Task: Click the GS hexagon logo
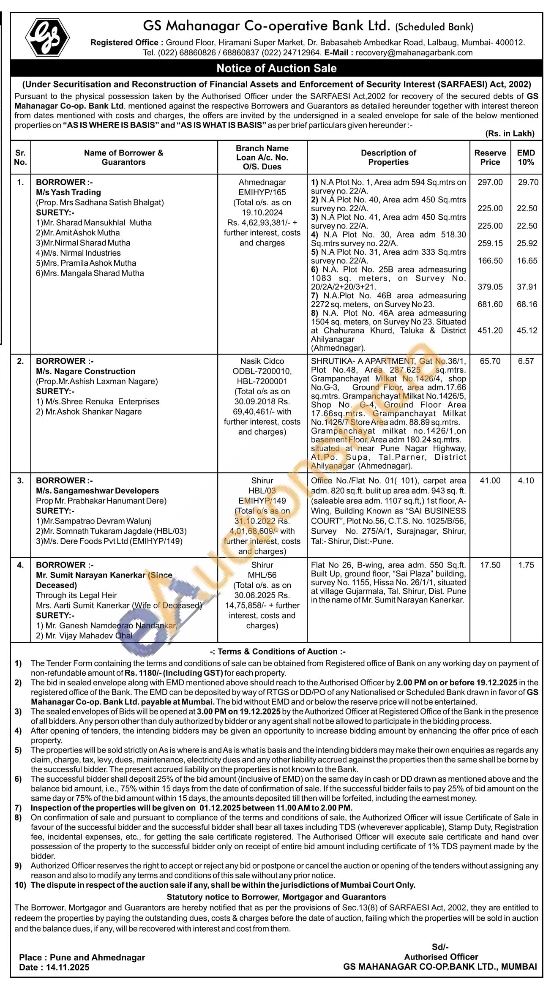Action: (x=47, y=37)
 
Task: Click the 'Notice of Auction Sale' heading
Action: (x=276, y=68)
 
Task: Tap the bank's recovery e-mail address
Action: (x=414, y=53)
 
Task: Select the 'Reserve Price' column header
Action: (x=490, y=157)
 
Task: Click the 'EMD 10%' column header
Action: (x=526, y=157)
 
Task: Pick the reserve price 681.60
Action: (x=490, y=304)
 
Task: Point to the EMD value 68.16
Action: (x=527, y=304)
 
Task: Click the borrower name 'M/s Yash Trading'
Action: (x=68, y=192)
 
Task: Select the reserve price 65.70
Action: (x=490, y=361)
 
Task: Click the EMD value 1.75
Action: (x=526, y=565)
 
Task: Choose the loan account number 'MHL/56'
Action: (x=262, y=575)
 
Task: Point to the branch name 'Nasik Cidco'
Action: (x=262, y=361)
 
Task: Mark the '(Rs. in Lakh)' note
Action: (x=510, y=134)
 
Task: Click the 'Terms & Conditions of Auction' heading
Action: (x=278, y=652)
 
